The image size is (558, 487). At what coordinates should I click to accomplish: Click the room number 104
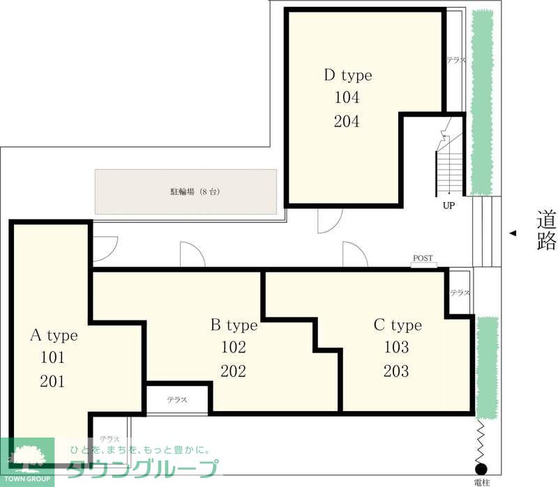tap(347, 97)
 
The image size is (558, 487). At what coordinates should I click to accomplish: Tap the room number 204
tap(347, 121)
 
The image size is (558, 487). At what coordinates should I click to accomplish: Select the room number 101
tap(53, 357)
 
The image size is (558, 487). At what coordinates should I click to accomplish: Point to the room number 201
tap(53, 381)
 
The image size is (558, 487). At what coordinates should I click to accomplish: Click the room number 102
tap(234, 347)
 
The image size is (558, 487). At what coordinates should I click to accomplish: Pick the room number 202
tap(234, 371)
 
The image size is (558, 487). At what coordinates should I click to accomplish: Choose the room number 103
tap(397, 347)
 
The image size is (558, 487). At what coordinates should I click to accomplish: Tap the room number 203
tap(396, 371)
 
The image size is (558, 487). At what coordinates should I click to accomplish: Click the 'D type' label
tap(348, 75)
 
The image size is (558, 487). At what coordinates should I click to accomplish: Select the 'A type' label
tap(54, 335)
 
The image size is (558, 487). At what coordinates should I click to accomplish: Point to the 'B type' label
tap(234, 325)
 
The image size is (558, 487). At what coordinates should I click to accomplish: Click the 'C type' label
tap(398, 325)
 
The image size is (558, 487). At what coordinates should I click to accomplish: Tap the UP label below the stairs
tap(448, 206)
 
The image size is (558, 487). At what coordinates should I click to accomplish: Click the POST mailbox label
tap(423, 258)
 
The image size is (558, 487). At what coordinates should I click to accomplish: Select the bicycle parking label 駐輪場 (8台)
tap(195, 192)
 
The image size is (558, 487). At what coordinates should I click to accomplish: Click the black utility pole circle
tap(481, 469)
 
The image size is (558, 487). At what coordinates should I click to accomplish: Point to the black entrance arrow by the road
tap(513, 233)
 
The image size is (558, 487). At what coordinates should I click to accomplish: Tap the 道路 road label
tap(546, 231)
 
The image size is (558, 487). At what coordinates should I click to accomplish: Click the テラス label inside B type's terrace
tap(177, 400)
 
